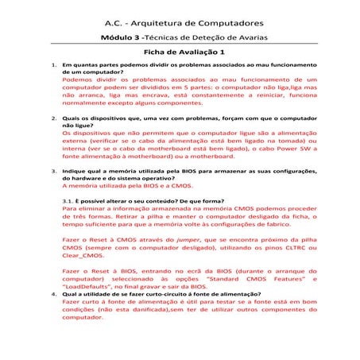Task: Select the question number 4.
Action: point(52,293)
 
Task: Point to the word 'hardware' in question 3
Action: point(83,177)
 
